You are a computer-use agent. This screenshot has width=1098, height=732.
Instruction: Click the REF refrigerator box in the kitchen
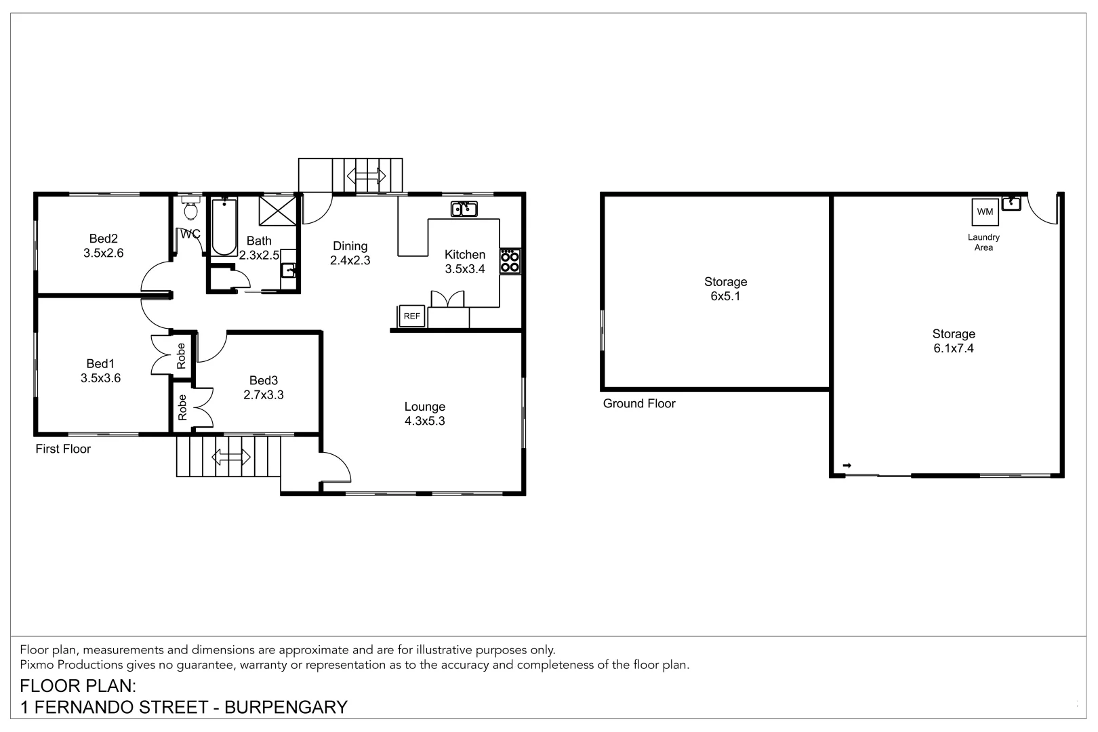pos(411,316)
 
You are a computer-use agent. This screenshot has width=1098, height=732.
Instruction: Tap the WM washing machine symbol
pos(985,212)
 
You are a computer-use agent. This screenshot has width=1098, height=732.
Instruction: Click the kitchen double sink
pos(464,209)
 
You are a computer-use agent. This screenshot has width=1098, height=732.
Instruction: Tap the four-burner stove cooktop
pos(510,261)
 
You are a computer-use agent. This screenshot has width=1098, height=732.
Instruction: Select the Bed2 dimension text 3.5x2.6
pos(103,253)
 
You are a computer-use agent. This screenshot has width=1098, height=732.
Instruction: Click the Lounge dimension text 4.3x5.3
pos(424,421)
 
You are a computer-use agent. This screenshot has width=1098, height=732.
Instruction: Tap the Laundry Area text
pos(983,242)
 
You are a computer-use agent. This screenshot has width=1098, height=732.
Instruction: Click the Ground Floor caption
pos(638,403)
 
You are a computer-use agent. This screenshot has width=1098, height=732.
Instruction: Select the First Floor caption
pos(63,449)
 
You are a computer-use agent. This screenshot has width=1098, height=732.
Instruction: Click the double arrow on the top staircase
pos(366,176)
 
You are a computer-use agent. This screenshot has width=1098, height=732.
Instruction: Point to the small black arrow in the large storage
pos(847,465)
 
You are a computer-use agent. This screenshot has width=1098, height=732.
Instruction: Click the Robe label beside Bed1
pos(181,356)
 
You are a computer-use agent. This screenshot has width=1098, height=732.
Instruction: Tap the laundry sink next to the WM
pos(1011,203)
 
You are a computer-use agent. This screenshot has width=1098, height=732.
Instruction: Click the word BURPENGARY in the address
pos(285,708)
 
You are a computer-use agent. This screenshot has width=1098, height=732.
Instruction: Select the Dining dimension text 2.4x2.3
pos(350,260)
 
